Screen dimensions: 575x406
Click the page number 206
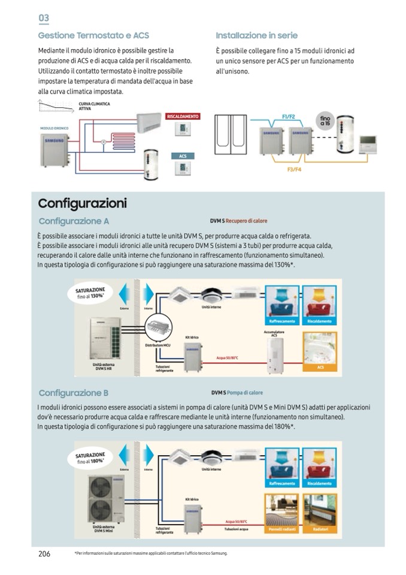(44, 553)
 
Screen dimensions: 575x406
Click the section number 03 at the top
(44, 18)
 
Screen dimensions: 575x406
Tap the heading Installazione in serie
(256, 36)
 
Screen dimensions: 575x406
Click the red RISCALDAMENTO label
(183, 116)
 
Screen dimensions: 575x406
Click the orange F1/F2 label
(288, 117)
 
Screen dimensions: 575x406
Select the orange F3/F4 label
(294, 170)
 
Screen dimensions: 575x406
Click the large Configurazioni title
(82, 203)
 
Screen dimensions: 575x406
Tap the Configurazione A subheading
(74, 221)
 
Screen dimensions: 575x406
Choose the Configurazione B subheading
(74, 393)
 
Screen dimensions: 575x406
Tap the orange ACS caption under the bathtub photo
(320, 367)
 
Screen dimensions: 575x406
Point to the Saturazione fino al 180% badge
(90, 459)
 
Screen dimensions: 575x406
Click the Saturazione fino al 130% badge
(90, 293)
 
